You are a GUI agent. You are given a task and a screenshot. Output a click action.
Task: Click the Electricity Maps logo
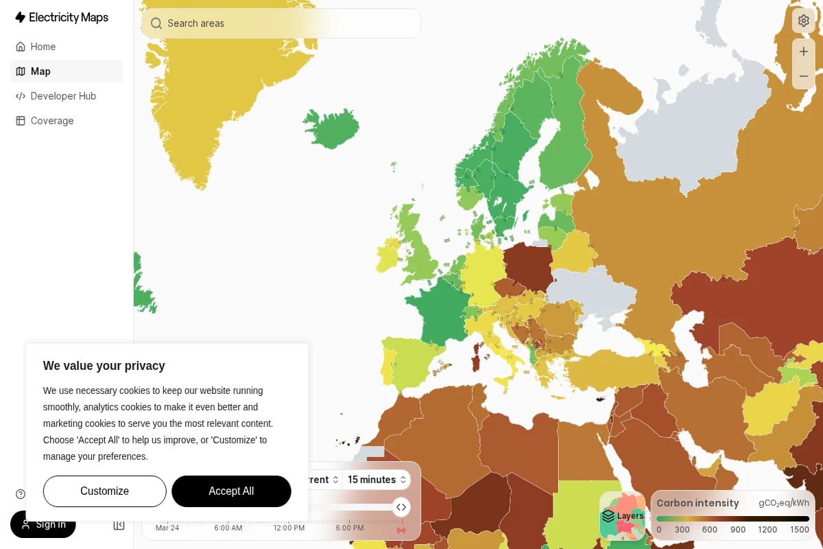[x=62, y=18]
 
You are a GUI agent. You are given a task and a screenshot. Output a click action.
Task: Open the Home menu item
[x=43, y=47]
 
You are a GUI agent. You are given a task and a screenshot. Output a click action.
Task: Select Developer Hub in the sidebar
[x=63, y=96]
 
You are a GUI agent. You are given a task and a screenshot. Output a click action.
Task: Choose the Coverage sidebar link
[x=52, y=121]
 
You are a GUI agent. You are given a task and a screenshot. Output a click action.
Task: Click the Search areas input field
[x=281, y=23]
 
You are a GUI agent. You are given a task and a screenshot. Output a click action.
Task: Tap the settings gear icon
[x=804, y=21]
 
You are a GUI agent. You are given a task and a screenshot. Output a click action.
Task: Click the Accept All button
[x=231, y=491]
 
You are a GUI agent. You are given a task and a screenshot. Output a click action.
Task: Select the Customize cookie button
[x=104, y=491]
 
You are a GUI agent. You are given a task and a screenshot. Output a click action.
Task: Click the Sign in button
[x=43, y=524]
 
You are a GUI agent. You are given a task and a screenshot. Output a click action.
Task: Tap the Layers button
[x=623, y=516]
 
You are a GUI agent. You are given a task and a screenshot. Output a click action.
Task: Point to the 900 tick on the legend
[x=738, y=530]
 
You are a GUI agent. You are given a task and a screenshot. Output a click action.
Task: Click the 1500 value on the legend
[x=800, y=530]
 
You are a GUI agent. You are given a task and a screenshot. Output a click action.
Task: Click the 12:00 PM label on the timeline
[x=289, y=528]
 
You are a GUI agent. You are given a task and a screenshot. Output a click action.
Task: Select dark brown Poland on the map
[x=528, y=266]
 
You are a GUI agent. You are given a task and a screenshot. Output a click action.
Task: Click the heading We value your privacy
[x=104, y=366]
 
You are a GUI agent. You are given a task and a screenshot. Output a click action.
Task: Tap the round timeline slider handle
[x=401, y=507]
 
